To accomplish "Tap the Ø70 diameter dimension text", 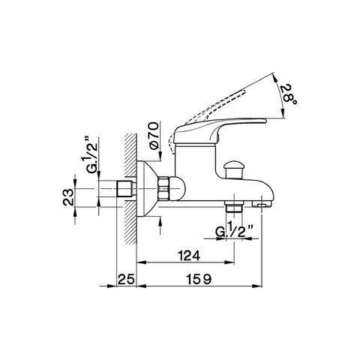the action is (x=154, y=136).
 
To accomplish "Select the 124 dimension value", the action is (x=189, y=256).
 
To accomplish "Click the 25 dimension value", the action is (x=126, y=279).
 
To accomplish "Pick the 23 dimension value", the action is (x=68, y=197).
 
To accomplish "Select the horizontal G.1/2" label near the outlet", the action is (x=234, y=232).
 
